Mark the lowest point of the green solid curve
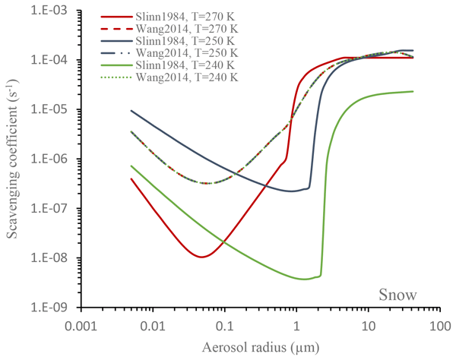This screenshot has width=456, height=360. [305, 279]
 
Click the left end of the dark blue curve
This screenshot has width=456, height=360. [131, 110]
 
